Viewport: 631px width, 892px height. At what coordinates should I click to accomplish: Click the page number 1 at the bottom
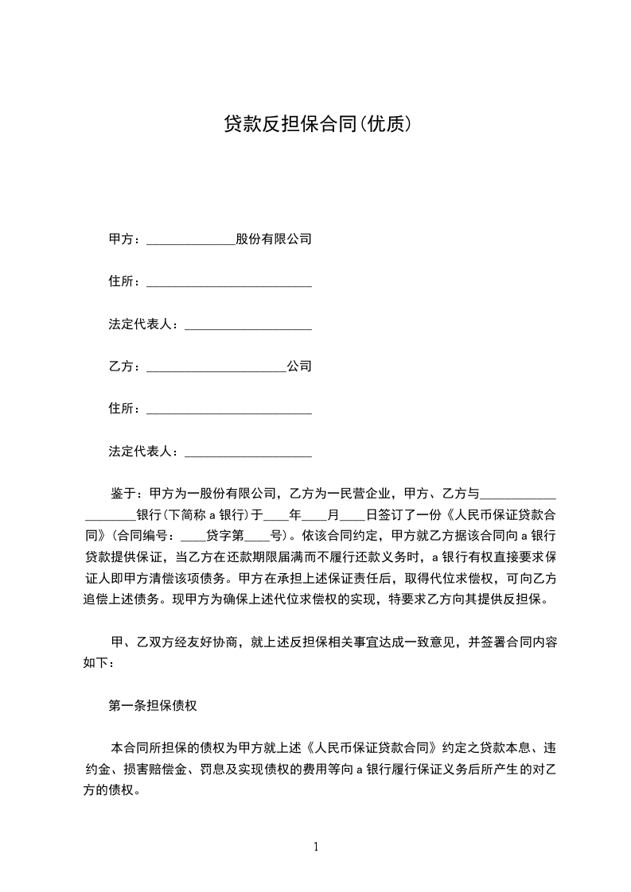(x=316, y=847)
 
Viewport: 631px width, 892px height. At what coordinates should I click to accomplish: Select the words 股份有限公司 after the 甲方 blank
(x=274, y=239)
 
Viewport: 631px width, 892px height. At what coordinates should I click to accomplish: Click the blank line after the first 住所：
(x=229, y=284)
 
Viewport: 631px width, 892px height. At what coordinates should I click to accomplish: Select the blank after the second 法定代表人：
(x=247, y=455)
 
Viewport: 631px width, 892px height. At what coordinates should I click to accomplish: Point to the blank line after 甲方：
(x=191, y=241)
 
